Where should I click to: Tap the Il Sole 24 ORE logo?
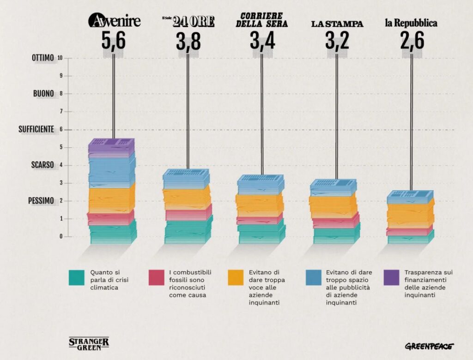(x=188, y=22)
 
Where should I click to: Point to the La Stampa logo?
(x=337, y=24)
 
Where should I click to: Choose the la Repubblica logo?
(x=411, y=23)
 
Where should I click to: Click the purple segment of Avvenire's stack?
(x=111, y=148)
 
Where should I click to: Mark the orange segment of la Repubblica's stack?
(x=410, y=215)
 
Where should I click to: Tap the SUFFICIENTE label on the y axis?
(x=36, y=129)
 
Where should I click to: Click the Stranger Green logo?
(x=89, y=342)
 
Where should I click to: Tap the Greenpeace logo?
(x=429, y=346)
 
